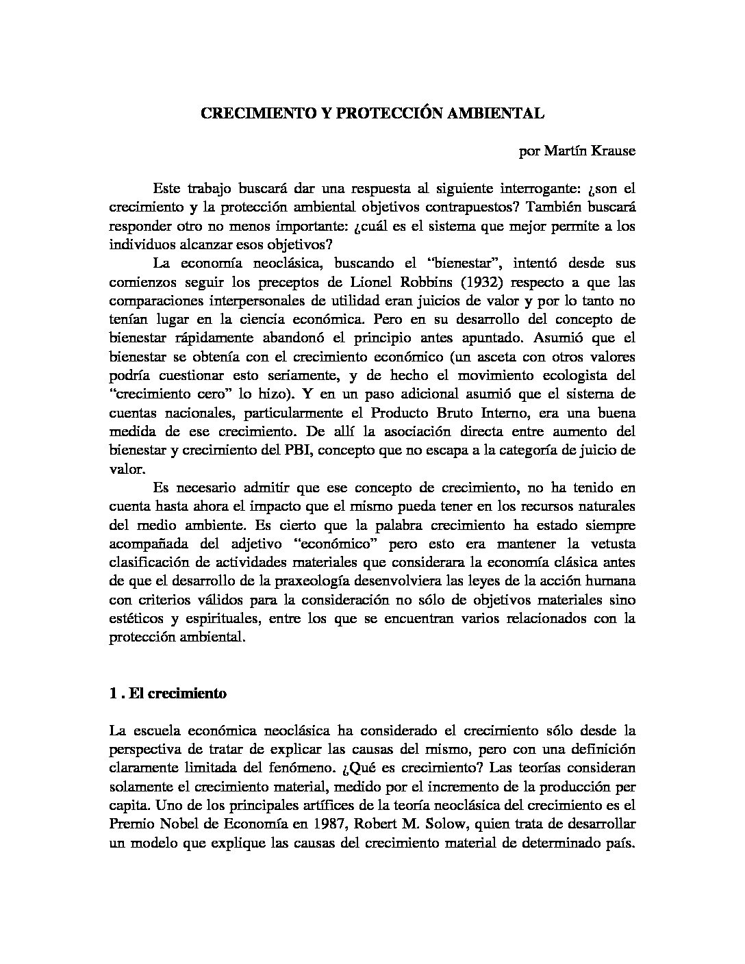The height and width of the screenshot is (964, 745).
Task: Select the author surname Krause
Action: tap(610, 151)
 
